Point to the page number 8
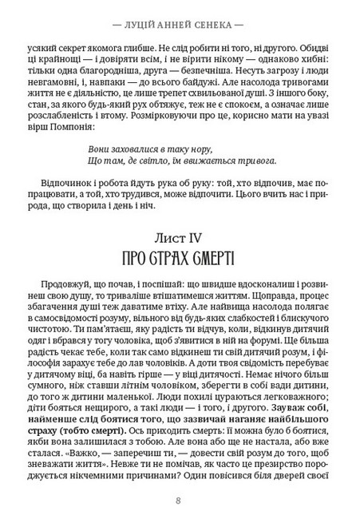(180, 501)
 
